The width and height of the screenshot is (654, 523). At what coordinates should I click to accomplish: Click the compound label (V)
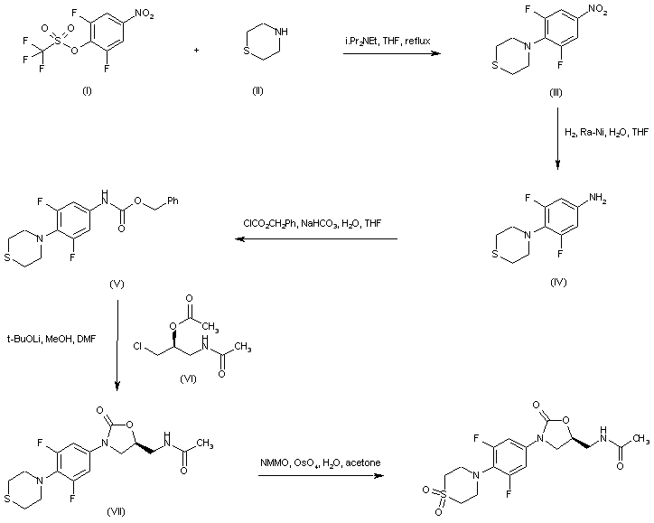click(116, 284)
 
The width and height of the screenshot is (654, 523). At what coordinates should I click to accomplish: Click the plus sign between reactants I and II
click(198, 50)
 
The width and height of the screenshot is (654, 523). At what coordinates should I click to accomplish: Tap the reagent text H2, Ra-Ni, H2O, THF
click(606, 133)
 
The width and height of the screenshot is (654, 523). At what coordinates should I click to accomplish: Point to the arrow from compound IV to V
click(316, 239)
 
